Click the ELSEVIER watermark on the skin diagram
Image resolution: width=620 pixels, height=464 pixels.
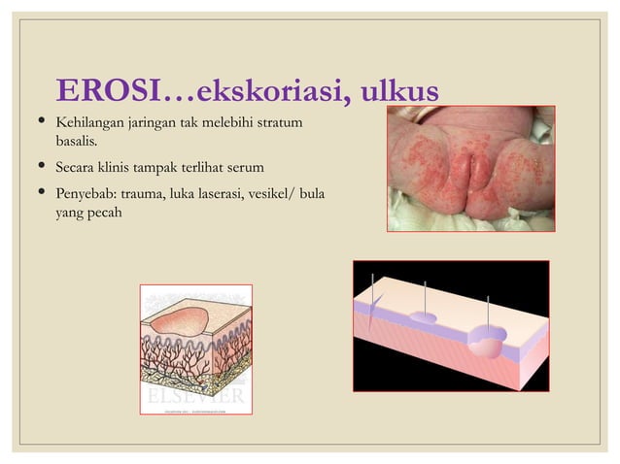pos(195,398)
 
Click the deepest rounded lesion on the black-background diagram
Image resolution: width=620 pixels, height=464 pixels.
pos(487,342)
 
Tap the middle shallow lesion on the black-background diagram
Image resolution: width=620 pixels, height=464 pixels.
pos(426,317)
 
